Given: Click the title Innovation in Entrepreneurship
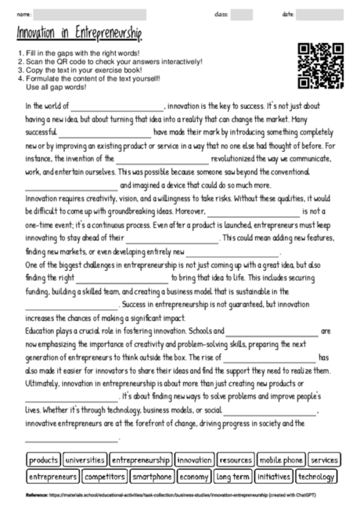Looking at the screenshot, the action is [79, 34].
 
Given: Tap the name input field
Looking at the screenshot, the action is [89, 15].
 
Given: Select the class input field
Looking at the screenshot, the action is [241, 15].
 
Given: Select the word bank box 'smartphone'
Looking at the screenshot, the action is [152, 475].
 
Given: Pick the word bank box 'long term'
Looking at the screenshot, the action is [233, 475].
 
